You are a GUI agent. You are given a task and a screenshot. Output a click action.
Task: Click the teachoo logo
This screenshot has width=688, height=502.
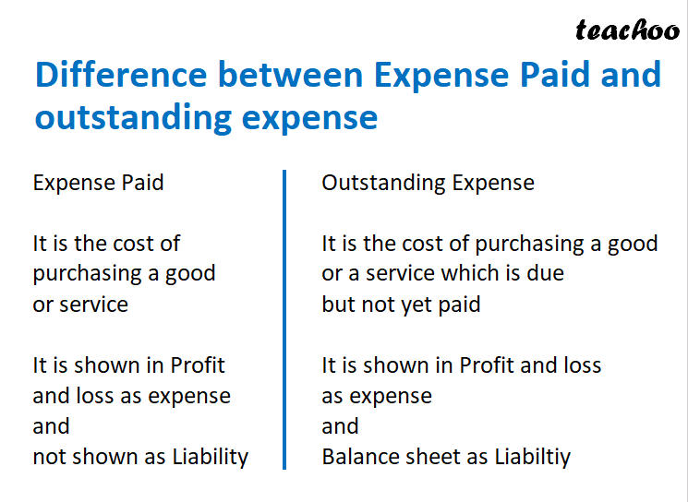(626, 30)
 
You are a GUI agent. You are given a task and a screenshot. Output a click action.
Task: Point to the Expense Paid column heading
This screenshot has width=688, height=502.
(98, 183)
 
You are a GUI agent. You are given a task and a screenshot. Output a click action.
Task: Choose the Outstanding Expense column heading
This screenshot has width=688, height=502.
(428, 183)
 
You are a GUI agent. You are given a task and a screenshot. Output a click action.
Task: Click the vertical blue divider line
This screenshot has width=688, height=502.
(284, 318)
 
